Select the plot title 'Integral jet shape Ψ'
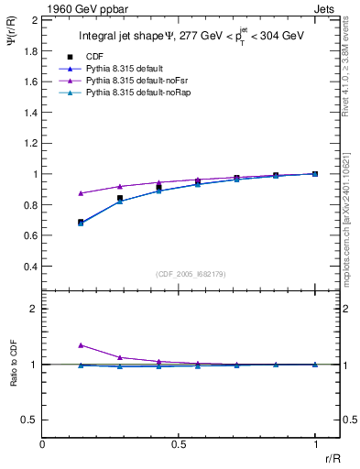point(124,36)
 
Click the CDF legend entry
point(95,56)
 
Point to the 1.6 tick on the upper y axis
point(29,82)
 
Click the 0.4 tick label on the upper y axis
point(29,267)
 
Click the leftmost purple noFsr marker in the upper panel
point(81,193)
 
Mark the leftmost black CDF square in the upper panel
point(81,222)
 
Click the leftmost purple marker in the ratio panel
point(81,345)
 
